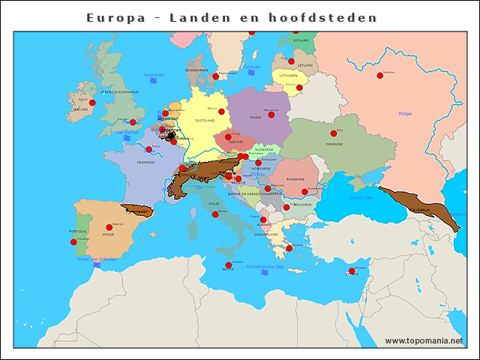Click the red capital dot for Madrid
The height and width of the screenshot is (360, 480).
[109, 227]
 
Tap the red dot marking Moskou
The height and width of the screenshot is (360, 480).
[379, 75]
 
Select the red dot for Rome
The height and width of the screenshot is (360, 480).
[215, 214]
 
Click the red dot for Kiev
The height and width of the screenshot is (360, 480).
[333, 133]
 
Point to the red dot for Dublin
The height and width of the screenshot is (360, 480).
[92, 103]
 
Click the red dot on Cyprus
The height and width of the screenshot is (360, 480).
[351, 271]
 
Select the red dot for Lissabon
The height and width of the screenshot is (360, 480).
[73, 242]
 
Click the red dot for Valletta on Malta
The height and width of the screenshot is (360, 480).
[229, 265]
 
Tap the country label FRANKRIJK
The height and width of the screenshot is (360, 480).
[145, 162]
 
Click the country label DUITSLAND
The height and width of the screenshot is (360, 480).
[205, 120]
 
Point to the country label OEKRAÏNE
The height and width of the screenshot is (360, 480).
[334, 143]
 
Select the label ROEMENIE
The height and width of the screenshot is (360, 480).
[295, 179]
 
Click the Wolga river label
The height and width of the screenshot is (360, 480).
[404, 113]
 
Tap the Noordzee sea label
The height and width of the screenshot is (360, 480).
[154, 75]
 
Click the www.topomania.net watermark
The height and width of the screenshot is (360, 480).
[424, 340]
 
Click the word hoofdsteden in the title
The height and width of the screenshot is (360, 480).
[333, 17]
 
